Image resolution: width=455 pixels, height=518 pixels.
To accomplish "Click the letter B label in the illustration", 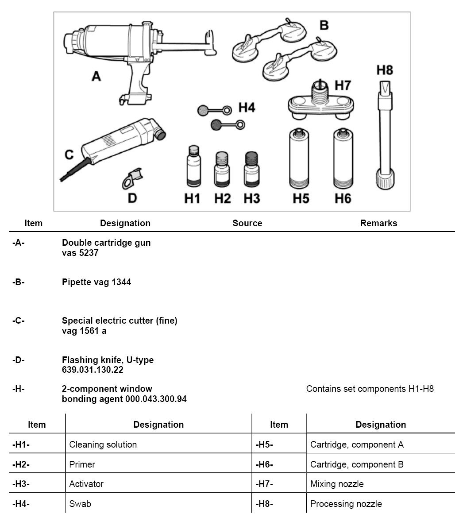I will [324, 26].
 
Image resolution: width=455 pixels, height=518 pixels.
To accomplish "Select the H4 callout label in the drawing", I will [247, 108].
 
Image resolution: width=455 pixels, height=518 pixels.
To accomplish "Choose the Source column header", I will [247, 223].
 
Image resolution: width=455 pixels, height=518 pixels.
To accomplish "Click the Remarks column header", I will [378, 223].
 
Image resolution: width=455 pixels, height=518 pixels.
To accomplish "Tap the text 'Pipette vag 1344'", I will [96, 282].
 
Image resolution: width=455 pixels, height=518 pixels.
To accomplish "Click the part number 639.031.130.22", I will [93, 369].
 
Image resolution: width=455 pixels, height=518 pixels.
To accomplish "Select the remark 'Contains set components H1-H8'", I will [370, 389].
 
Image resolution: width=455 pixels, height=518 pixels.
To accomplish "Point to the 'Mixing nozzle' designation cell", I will [337, 484].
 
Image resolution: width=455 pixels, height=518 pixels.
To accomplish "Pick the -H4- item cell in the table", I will [21, 504].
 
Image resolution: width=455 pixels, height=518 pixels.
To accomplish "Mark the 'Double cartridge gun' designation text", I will [106, 243].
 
